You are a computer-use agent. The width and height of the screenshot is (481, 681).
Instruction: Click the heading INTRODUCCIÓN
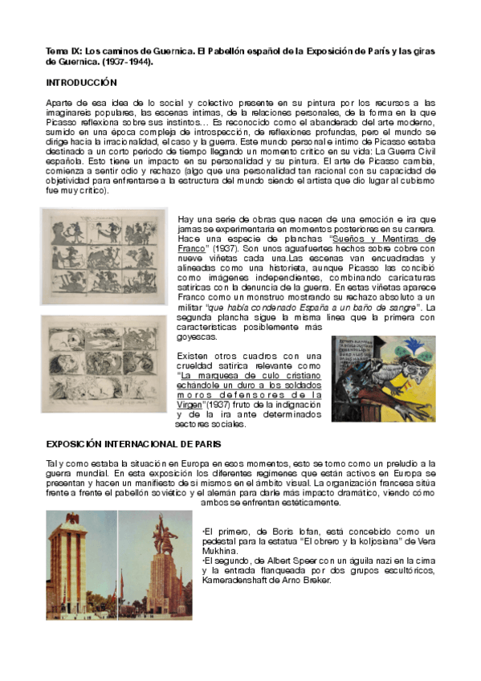pos(81,83)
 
